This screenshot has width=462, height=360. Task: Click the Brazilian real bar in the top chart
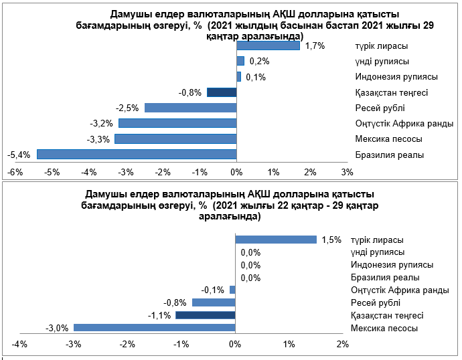(x=137, y=154)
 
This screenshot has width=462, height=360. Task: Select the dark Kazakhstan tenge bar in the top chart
(x=222, y=92)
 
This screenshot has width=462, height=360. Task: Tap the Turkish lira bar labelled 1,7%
(x=268, y=46)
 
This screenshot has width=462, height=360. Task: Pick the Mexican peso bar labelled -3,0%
(x=154, y=328)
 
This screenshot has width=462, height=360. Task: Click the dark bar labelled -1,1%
(x=205, y=315)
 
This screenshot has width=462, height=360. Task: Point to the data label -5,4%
(x=18, y=155)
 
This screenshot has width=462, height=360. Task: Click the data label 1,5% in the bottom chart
(x=331, y=240)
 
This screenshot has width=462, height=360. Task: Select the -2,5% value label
(x=127, y=108)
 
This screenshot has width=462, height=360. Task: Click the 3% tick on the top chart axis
(x=347, y=172)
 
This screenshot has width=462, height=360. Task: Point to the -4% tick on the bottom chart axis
(x=19, y=345)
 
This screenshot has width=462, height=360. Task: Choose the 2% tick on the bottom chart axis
(x=342, y=345)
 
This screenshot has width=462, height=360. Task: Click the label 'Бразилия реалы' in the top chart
(x=390, y=155)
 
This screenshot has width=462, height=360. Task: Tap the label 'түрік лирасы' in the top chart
(x=382, y=47)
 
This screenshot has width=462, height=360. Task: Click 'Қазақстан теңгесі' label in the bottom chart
(x=388, y=316)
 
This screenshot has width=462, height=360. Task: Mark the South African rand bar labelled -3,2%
(x=177, y=123)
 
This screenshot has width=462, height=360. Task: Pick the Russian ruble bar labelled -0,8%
(x=214, y=302)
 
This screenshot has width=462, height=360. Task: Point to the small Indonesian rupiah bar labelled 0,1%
(x=239, y=77)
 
